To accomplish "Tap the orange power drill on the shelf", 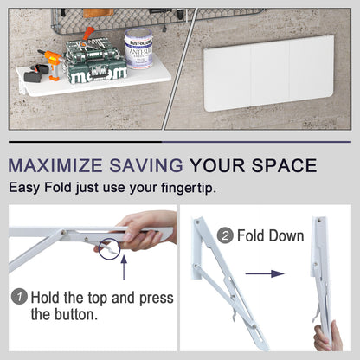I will pos(48,62).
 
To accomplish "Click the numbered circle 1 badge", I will pos(19,298).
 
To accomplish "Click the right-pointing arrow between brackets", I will pos(265,273).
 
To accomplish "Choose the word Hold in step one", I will pos(48,298).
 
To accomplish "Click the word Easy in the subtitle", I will pos(25,188).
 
